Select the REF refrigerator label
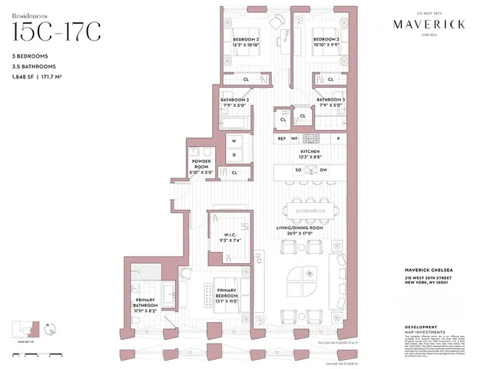tap(282, 138)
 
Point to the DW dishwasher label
tap(324, 169)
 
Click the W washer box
tap(233, 141)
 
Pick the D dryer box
tap(233, 155)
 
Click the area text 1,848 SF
tap(23, 78)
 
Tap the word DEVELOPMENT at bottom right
tap(420, 327)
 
